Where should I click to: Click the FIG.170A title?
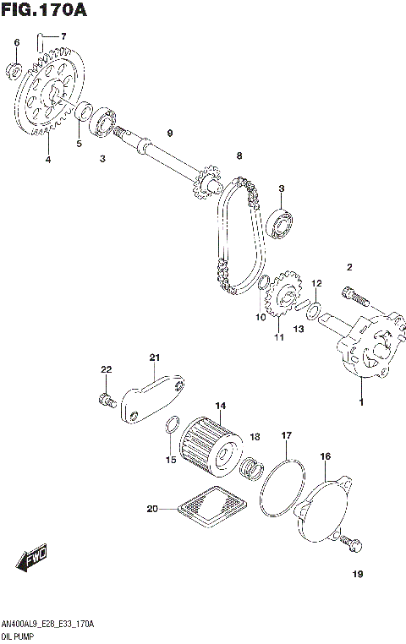pyautogui.click(x=44, y=11)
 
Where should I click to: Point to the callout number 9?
pyautogui.click(x=169, y=134)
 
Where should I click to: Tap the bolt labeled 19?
pyautogui.click(x=353, y=545)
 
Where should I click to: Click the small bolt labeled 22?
pyautogui.click(x=106, y=398)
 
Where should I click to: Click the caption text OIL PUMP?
pyautogui.click(x=19, y=631)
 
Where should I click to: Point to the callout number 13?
pyautogui.click(x=297, y=329)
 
